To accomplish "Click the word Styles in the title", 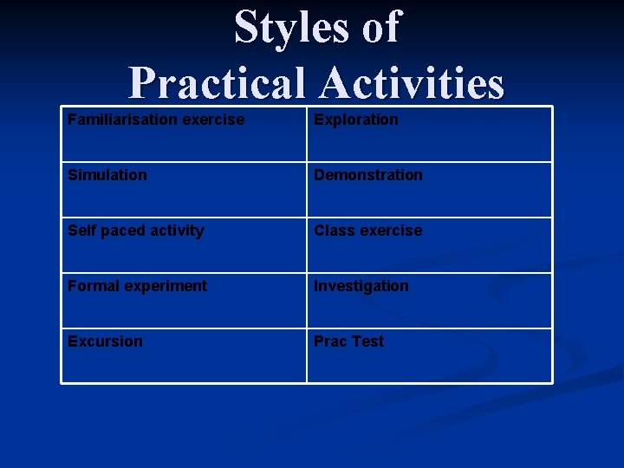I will (x=290, y=27).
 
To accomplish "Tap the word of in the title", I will (x=381, y=27).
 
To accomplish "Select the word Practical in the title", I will (x=217, y=84).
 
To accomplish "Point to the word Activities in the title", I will (x=411, y=84).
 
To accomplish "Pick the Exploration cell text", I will (x=356, y=120).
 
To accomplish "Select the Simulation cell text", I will (x=107, y=175).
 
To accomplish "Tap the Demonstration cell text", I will (x=368, y=175).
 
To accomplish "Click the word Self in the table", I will (x=82, y=231).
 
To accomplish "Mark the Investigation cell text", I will (x=361, y=287).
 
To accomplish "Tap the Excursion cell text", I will (x=105, y=341).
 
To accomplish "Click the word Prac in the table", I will (x=330, y=341).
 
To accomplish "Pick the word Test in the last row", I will (x=367, y=341).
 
